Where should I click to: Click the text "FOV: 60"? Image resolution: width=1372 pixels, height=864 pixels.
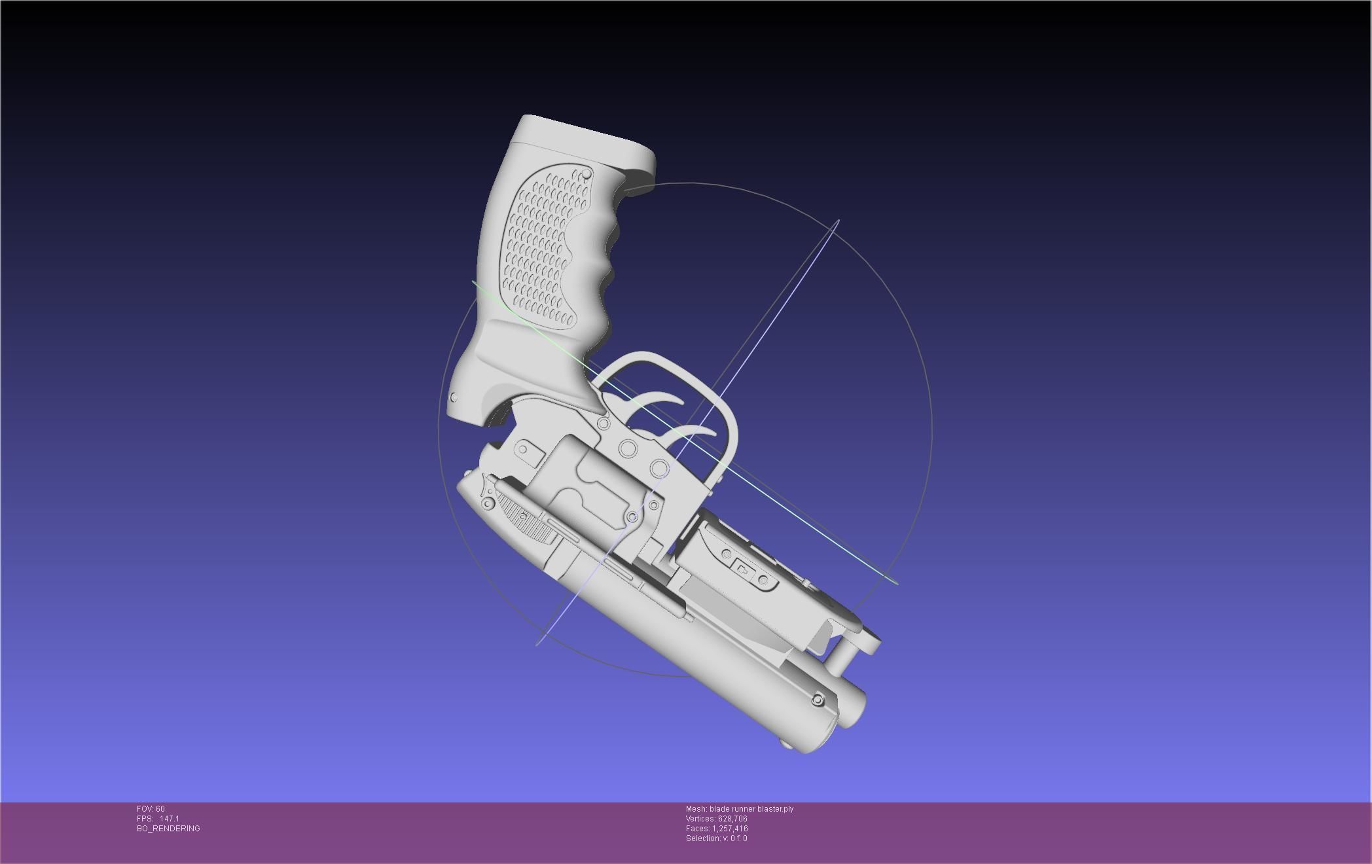(151, 809)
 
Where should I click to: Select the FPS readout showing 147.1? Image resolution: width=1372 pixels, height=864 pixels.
(158, 819)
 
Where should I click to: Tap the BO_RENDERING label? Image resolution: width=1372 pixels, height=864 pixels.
(168, 829)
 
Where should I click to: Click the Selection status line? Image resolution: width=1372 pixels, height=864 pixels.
(716, 838)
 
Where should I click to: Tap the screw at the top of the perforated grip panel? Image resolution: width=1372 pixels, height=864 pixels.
(586, 173)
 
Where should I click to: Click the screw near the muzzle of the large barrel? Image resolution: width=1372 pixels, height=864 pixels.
(818, 700)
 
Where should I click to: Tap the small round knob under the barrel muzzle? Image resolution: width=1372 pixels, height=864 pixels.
(785, 745)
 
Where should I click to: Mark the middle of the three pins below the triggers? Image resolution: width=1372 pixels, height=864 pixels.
(628, 448)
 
